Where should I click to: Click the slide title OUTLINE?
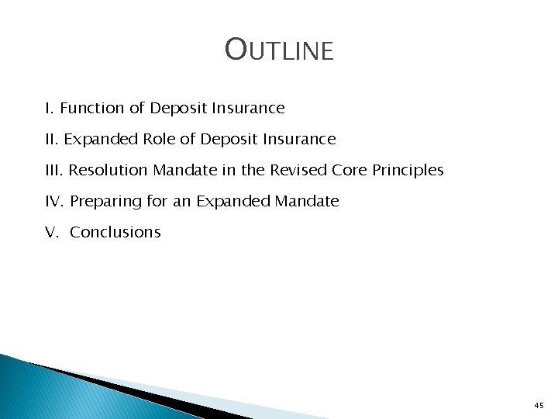click(279, 50)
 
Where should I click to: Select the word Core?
click(354, 170)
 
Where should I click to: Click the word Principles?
click(409, 171)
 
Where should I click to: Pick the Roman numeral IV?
click(54, 201)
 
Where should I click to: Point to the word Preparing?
click(103, 202)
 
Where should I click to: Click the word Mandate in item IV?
click(306, 201)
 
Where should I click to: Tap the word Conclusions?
click(115, 232)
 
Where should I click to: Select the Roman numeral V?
click(51, 232)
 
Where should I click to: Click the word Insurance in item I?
click(248, 108)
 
